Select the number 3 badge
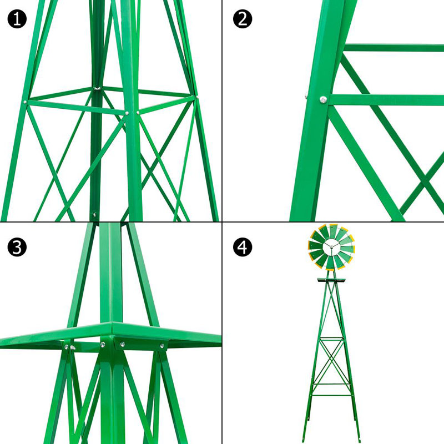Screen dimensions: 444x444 click(x=17, y=248)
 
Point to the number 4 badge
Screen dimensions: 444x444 click(x=242, y=248)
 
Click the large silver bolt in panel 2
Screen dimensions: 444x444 click(x=322, y=99)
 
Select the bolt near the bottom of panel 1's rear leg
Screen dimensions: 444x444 click(x=94, y=213)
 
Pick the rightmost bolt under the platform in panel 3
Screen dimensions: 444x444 click(x=162, y=346)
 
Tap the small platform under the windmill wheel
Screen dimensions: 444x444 click(x=331, y=281)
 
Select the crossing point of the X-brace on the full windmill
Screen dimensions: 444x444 click(x=331, y=364)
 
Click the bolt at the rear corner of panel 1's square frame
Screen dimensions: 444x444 click(x=96, y=88)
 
